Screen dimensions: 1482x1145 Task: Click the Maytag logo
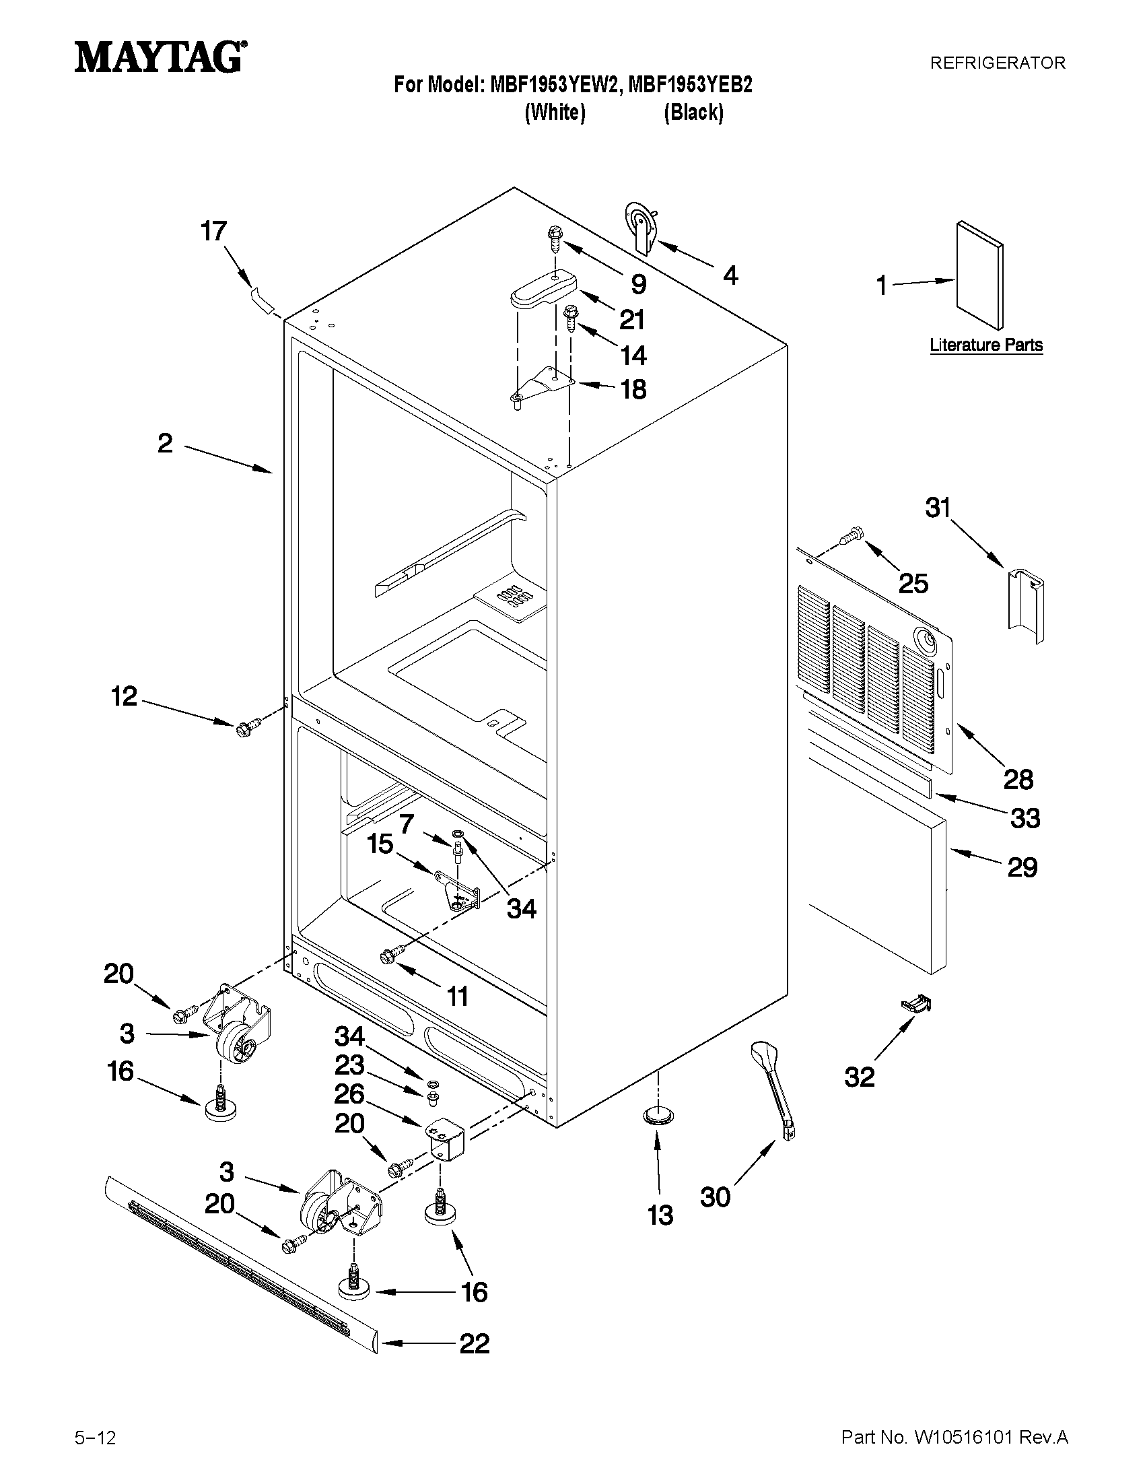tap(160, 57)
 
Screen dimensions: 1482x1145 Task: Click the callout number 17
tap(213, 232)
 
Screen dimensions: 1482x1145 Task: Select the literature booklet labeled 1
tap(979, 274)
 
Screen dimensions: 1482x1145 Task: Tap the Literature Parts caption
tap(985, 345)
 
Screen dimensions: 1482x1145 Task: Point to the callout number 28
tap(1018, 780)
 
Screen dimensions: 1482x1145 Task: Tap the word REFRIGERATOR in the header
tap(996, 63)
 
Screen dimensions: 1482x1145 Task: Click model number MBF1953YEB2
tap(690, 85)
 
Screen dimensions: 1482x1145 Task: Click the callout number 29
tap(1022, 867)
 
